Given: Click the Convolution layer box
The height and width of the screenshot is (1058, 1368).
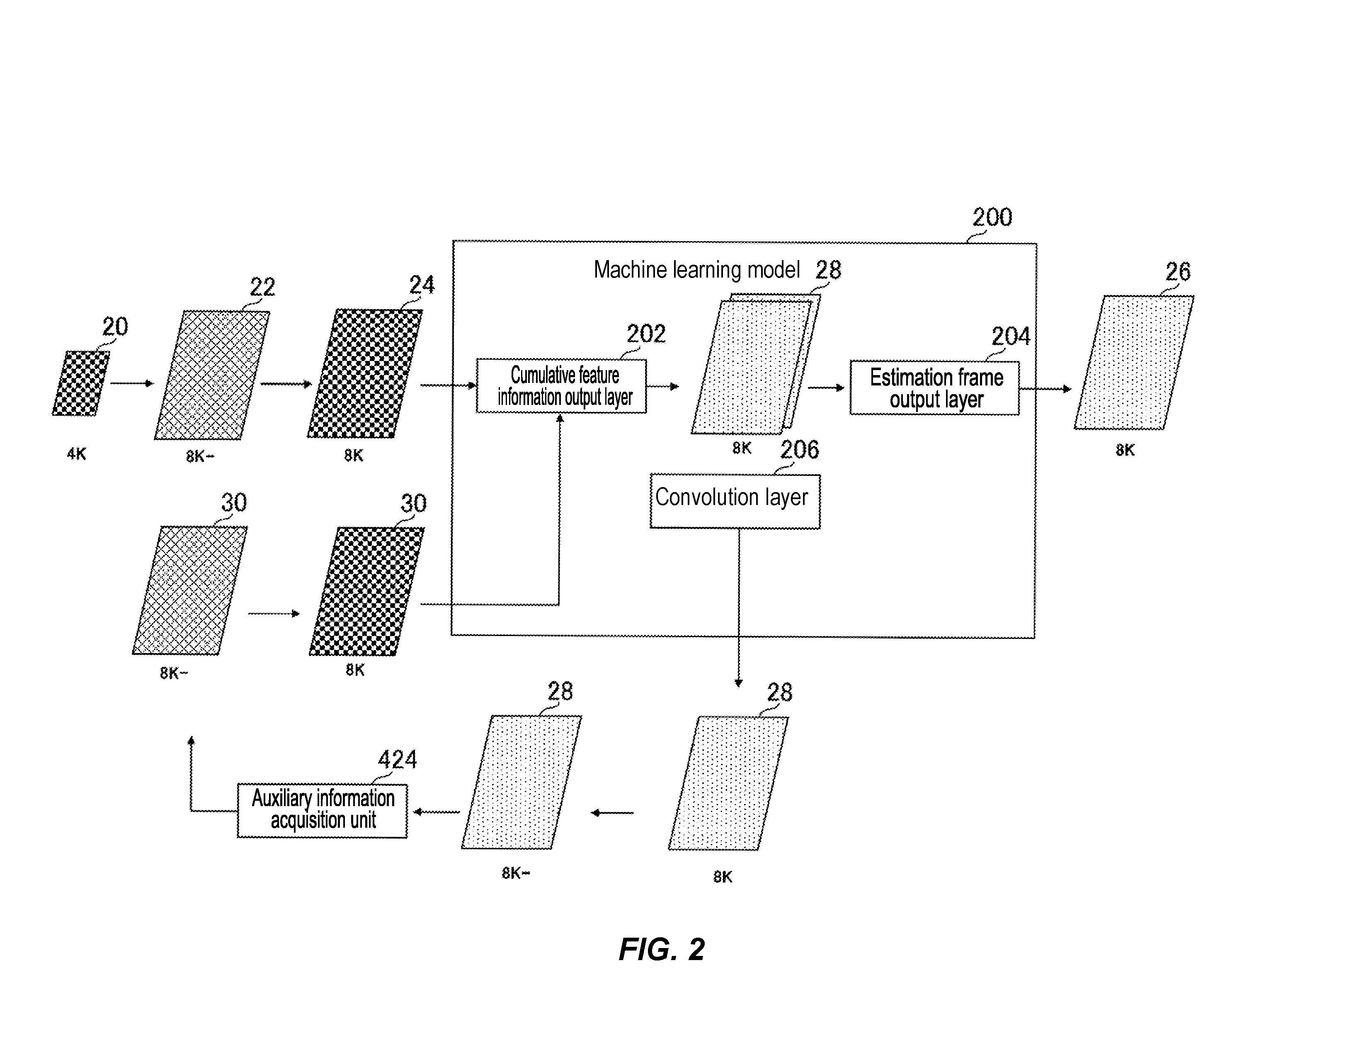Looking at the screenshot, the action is point(735,501).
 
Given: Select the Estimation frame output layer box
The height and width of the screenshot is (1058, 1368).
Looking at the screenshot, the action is point(934,388).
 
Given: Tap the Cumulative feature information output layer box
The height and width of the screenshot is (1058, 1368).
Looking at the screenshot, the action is point(561,385).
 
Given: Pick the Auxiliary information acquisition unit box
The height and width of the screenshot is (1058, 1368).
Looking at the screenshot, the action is point(322,810).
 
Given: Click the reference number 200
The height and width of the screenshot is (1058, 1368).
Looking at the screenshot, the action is point(992,217).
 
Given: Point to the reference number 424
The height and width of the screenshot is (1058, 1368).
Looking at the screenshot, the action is point(397,760).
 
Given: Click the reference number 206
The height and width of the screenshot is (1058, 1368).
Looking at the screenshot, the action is point(799,449).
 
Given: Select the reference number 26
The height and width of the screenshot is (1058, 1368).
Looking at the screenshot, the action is point(1178,271).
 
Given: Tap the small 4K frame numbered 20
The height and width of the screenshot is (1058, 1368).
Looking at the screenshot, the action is point(81,383).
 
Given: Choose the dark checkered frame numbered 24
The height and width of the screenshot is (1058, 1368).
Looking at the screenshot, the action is point(364,373).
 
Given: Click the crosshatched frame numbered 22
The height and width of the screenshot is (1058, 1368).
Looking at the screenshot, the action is point(212,375).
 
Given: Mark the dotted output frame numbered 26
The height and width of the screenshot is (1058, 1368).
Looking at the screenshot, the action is point(1134,362).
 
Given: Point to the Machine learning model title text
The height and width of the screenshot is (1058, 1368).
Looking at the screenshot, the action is point(696,270).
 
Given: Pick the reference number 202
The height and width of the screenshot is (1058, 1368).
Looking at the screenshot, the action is point(646,334).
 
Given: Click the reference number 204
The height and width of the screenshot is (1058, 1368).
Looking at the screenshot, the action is point(1010,336).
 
